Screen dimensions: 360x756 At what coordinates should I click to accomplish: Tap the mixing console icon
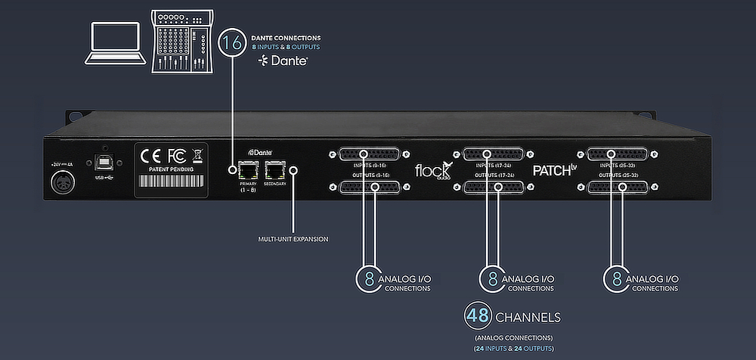point(181,42)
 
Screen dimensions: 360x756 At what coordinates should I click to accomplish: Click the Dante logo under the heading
point(282,60)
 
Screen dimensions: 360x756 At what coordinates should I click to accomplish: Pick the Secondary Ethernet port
point(275,170)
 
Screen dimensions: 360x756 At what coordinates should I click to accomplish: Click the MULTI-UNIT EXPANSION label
point(293,239)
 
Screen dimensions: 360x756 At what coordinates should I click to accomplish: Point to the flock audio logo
point(432,170)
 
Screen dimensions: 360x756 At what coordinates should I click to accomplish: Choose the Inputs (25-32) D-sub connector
point(617,153)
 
